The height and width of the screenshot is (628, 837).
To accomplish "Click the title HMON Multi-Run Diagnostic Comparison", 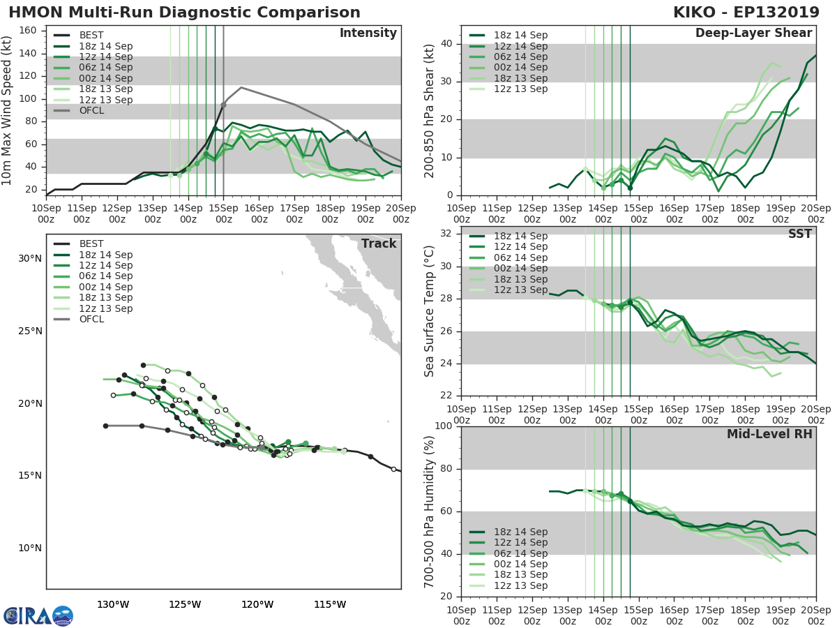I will click(184, 13).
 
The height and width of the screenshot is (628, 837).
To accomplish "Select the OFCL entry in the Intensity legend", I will click(91, 110).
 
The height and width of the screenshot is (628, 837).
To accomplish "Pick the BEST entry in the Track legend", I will click(91, 244).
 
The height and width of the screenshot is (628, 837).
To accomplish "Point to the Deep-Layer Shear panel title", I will click(753, 33).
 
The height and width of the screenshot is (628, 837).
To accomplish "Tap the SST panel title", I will click(800, 234).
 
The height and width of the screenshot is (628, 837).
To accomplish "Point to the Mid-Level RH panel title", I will click(769, 434).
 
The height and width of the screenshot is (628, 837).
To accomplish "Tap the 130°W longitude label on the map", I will click(112, 604).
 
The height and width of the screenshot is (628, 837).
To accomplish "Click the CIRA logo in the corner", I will click(38, 615).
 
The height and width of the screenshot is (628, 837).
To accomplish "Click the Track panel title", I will click(378, 244).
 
